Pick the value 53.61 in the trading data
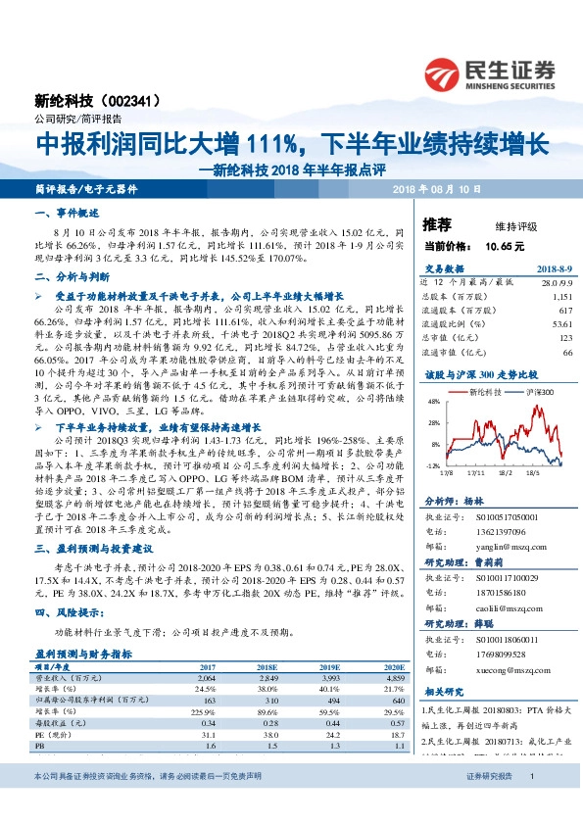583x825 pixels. tap(561, 322)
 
